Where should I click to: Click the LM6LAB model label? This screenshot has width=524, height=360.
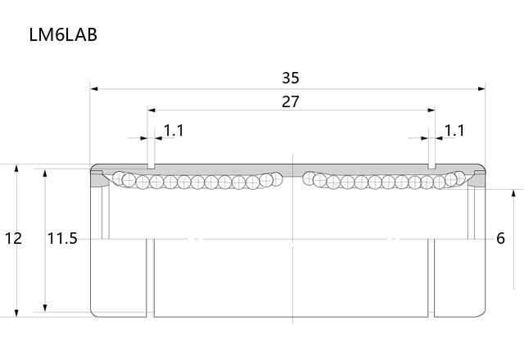[x=63, y=34]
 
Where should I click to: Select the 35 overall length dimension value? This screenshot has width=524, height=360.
[x=291, y=78]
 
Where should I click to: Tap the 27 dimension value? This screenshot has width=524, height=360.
[x=291, y=101]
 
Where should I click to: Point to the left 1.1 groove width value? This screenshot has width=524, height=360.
[x=174, y=131]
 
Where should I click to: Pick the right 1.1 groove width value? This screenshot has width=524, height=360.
[x=454, y=131]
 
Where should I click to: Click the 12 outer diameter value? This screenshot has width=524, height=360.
[x=13, y=238]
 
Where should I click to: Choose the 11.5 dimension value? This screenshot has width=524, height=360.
[x=62, y=238]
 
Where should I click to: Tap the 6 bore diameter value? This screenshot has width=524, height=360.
[x=500, y=238]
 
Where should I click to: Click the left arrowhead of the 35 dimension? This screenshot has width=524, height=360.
[x=94, y=89]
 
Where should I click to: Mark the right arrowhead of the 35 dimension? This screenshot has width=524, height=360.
[x=481, y=89]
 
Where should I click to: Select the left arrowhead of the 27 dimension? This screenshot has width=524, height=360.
[x=151, y=110]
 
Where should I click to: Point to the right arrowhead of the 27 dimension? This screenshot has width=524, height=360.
[x=431, y=110]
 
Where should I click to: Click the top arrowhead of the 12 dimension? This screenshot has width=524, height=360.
[x=16, y=168]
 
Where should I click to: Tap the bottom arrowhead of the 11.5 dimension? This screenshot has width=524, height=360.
[x=45, y=308]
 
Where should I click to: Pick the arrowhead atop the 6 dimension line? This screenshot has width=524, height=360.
[x=514, y=193]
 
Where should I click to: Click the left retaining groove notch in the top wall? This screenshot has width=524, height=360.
[x=151, y=166]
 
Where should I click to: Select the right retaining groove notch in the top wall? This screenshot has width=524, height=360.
[x=431, y=166]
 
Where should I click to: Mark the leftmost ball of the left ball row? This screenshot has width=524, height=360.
[x=118, y=178]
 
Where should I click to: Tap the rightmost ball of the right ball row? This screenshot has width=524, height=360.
[x=459, y=178]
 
